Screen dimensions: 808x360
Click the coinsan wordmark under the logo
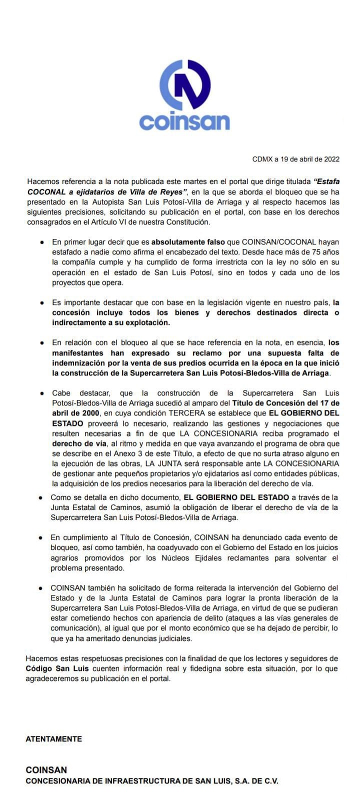point(184,122)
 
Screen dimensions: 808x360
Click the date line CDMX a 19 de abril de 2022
point(296,159)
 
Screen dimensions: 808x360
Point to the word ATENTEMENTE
point(53,738)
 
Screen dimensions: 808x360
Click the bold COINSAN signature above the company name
point(46,770)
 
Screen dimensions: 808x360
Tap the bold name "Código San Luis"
point(57,668)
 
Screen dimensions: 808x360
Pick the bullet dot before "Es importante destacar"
point(42,303)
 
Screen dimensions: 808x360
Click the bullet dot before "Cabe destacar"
point(42,393)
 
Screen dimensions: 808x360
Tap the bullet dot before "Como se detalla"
point(41,498)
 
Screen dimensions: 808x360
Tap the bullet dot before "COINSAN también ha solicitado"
point(41,588)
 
